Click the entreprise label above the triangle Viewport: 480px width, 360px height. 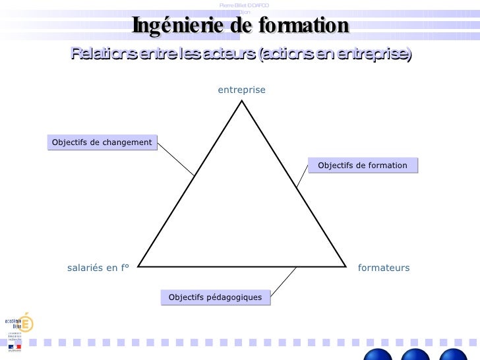tap(241, 90)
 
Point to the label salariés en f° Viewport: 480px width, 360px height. tap(98, 268)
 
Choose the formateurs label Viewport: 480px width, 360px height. tap(384, 268)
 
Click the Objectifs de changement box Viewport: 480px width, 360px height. tap(102, 142)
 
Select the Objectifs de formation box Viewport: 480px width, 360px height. tap(363, 165)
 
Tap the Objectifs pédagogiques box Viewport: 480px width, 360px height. tap(215, 298)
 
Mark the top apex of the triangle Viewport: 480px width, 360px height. tap(242, 100)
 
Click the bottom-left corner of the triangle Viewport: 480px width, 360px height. tap(138, 266)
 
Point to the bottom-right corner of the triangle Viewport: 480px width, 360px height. tap(345, 266)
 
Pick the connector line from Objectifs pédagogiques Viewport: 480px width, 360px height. tap(282, 280)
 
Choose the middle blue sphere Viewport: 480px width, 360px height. tap(415, 355)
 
